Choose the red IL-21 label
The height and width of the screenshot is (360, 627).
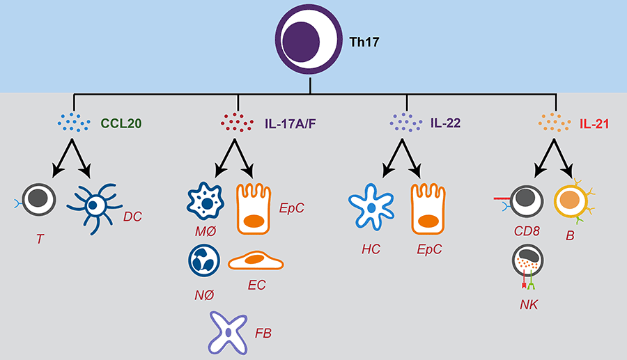click(x=596, y=125)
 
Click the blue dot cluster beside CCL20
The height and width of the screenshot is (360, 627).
click(x=74, y=124)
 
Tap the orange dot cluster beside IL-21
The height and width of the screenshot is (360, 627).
click(x=555, y=124)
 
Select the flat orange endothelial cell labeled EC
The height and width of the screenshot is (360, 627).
click(x=255, y=261)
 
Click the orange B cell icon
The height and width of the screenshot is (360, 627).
click(x=573, y=202)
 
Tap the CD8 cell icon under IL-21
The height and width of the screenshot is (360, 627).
click(x=527, y=201)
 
